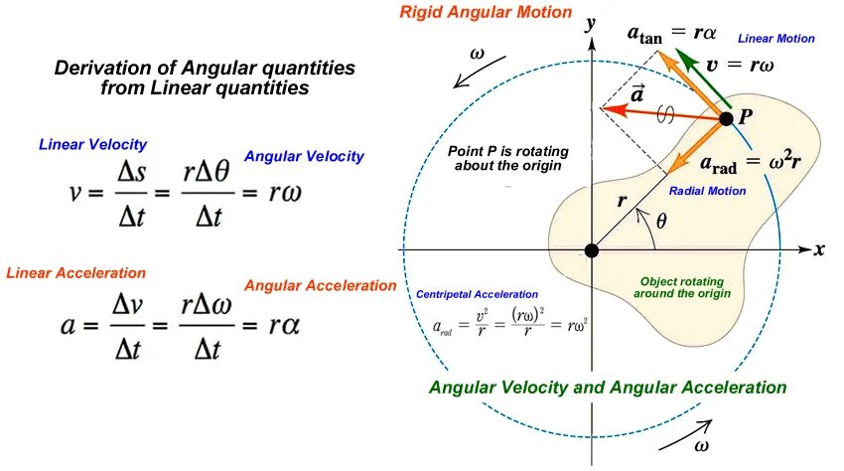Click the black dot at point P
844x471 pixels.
726,118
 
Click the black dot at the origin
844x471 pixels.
592,249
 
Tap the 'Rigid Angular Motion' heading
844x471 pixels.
486,13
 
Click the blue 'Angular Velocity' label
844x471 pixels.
304,156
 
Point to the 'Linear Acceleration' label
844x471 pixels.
76,272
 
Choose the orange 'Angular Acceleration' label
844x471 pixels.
320,285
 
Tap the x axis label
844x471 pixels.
819,249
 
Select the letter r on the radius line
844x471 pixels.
622,200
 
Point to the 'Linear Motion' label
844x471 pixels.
776,39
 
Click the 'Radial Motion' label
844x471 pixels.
707,190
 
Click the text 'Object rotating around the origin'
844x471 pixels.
685,287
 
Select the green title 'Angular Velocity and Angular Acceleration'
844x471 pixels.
608,387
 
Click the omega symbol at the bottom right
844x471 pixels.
702,446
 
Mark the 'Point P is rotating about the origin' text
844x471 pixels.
507,157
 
